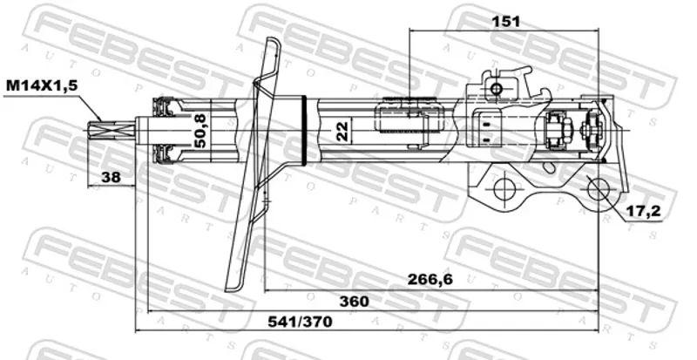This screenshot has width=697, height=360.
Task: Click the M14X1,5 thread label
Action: (41, 85)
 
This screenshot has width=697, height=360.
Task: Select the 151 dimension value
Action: (504, 21)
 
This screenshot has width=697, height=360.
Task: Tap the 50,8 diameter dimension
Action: (200, 131)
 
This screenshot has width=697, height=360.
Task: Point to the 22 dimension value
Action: (342, 131)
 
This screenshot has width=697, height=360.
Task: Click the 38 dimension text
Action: (111, 177)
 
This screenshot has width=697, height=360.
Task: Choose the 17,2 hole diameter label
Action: (643, 213)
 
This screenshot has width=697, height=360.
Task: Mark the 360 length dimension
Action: (355, 302)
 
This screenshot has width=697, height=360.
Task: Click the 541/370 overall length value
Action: (300, 322)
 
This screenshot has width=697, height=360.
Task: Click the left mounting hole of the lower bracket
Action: (504, 189)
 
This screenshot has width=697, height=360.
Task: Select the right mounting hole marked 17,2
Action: (598, 189)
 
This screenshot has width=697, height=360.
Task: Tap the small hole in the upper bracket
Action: (496, 89)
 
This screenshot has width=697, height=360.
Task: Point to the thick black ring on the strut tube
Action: (304, 131)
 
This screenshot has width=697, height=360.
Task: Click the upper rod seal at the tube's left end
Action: (163, 106)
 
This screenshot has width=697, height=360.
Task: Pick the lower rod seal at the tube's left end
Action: (163, 154)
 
